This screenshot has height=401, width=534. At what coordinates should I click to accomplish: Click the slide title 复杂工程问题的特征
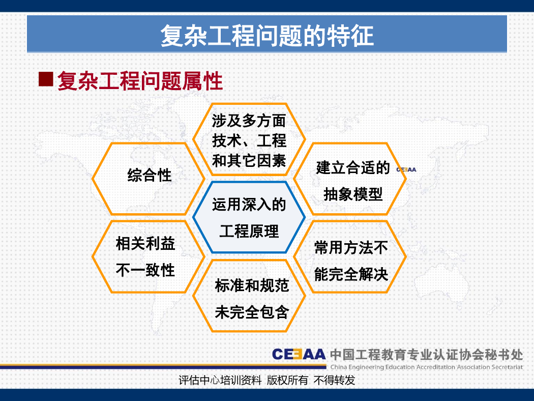click(267, 36)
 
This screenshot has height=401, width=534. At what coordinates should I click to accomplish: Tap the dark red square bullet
click(46, 79)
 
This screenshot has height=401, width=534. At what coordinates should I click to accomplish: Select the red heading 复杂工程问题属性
click(140, 81)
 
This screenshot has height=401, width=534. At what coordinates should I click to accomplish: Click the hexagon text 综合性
click(149, 176)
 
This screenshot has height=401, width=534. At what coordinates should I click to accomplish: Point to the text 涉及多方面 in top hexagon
click(249, 121)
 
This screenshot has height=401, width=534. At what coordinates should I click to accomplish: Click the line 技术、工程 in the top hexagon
click(249, 141)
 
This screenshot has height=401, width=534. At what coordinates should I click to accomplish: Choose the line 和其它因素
click(249, 160)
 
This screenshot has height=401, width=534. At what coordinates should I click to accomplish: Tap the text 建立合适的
click(353, 167)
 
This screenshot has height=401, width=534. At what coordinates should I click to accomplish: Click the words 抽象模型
click(353, 194)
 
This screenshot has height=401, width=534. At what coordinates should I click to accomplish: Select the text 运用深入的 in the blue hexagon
click(249, 205)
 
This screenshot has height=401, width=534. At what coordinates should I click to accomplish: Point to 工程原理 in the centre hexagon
click(249, 232)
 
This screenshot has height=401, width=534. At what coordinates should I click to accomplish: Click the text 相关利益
click(145, 244)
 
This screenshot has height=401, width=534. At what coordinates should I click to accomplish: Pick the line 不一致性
click(145, 270)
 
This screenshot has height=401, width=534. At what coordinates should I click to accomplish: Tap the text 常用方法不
click(351, 248)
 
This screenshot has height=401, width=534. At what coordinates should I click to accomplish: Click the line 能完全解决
click(351, 274)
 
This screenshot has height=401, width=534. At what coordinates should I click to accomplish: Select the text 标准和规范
click(252, 285)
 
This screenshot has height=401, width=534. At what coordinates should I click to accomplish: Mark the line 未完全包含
click(252, 312)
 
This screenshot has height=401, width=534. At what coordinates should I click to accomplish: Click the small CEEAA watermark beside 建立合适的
click(406, 169)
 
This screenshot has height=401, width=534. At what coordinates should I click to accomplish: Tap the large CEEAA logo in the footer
click(299, 354)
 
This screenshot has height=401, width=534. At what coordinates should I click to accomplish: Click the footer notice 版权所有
click(287, 380)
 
